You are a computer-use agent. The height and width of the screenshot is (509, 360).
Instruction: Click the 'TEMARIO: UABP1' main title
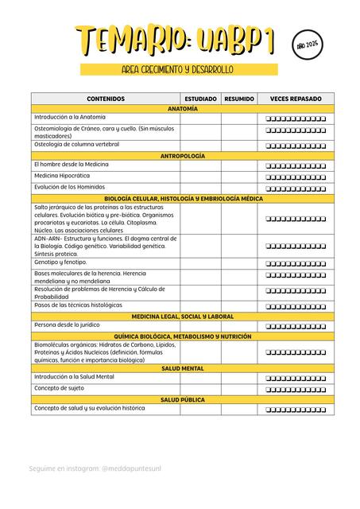tap(180, 41)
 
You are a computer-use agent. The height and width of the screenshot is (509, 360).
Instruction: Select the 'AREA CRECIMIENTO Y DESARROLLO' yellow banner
tap(178, 70)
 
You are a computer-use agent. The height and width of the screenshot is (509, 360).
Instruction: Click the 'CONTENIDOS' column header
tap(106, 99)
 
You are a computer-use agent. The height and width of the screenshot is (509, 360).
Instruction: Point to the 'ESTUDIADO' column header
tap(200, 99)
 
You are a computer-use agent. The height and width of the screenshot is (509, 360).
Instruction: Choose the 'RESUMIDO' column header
tap(239, 99)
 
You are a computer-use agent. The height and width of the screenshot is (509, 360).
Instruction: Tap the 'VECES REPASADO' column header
tap(296, 99)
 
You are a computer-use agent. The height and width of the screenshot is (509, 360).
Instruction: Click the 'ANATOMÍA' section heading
tap(183, 108)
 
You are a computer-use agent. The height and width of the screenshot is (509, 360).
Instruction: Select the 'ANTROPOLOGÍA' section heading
tap(183, 156)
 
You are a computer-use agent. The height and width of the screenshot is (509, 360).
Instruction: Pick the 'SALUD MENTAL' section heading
tap(183, 368)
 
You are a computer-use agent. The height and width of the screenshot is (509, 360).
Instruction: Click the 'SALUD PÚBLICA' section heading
tap(183, 399)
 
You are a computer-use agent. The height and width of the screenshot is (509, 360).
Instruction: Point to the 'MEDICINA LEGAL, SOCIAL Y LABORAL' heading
tap(183, 316)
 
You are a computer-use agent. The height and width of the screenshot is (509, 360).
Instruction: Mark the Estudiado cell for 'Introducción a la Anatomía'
tap(200, 118)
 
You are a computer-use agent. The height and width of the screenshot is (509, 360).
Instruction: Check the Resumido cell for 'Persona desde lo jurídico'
tap(239, 326)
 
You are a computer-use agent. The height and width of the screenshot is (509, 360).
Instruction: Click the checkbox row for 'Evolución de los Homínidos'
tap(296, 188)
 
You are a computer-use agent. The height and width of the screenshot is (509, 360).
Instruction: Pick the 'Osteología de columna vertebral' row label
tap(76, 145)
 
